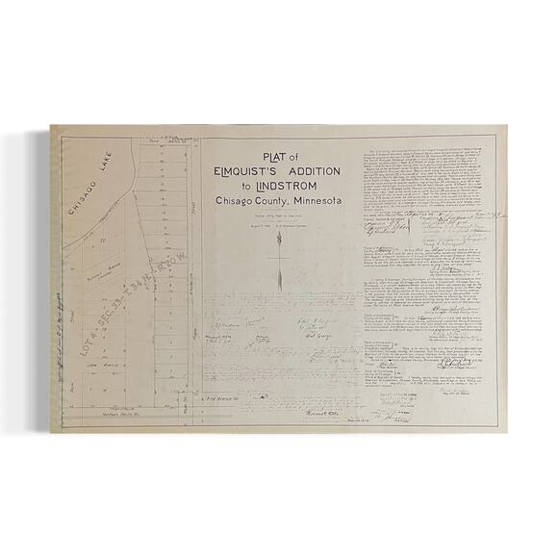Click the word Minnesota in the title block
(x=309, y=200)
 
